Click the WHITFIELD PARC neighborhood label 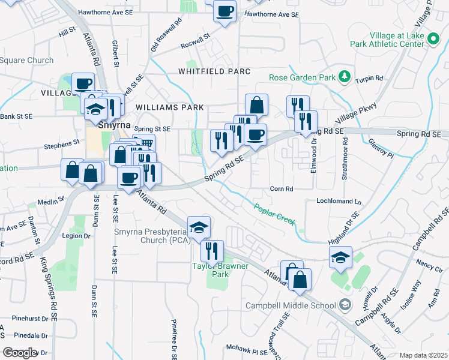click(214, 71)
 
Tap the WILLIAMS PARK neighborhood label click(170, 107)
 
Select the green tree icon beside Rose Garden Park click(344, 76)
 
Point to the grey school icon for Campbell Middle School click(345, 305)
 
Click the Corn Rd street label click(281, 188)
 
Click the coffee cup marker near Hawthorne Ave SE click(225, 11)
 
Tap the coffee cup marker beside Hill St click(83, 83)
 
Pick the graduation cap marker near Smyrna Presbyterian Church click(199, 227)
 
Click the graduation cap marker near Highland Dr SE click(340, 257)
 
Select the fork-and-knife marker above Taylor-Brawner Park click(212, 250)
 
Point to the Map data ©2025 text click(423, 355)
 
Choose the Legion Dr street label click(76, 236)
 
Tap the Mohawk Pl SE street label click(247, 348)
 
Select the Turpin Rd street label click(369, 79)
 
